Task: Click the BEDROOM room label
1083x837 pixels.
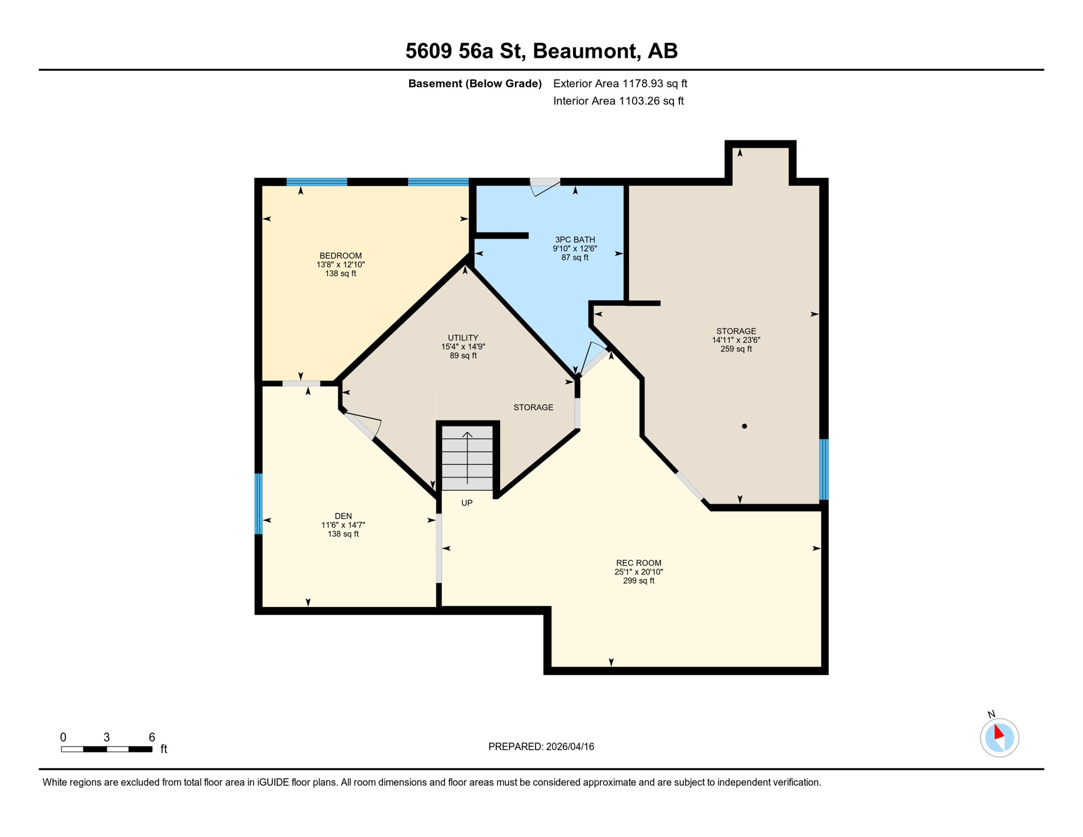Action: (340, 256)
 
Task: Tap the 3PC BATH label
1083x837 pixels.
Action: (575, 239)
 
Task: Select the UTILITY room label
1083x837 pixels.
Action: (463, 337)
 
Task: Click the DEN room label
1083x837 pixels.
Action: (343, 515)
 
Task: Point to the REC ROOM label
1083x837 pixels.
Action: (638, 562)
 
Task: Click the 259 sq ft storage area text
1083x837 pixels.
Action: (736, 349)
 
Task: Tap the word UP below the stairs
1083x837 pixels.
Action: (467, 502)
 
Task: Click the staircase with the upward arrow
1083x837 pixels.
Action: (467, 458)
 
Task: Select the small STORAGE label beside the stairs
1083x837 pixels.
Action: (533, 407)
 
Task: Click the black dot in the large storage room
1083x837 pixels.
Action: (744, 426)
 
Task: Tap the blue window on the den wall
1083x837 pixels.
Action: (259, 504)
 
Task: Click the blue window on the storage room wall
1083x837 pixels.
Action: (824, 469)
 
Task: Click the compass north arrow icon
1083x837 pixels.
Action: (999, 737)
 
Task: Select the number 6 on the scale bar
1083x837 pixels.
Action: (152, 737)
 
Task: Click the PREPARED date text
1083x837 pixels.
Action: (541, 747)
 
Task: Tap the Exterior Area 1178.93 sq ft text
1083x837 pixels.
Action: (620, 83)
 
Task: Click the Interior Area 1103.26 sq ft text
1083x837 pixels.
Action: (618, 101)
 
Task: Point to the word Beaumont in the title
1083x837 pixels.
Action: (585, 51)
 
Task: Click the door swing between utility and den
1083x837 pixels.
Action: (364, 426)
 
